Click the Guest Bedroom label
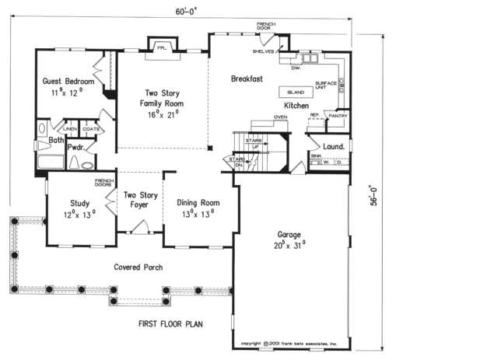(x=68, y=81)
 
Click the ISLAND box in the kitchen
(x=295, y=93)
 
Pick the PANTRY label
(x=337, y=116)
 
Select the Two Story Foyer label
(x=140, y=201)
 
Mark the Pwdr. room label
(x=76, y=145)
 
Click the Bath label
(x=56, y=140)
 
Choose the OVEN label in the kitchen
(x=280, y=117)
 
